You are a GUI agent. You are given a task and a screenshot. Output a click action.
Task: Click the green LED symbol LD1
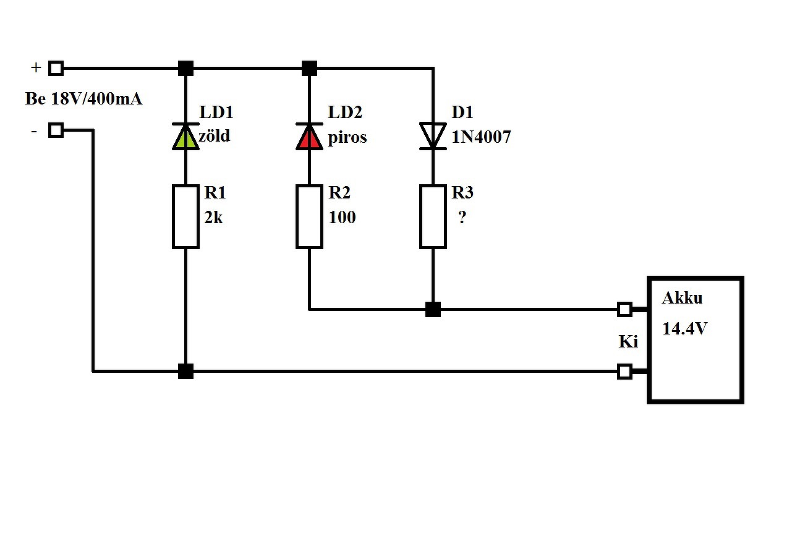[185, 137]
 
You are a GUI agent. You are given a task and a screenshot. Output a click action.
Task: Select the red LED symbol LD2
[309, 137]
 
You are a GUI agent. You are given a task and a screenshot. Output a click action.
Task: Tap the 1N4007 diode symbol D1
[433, 137]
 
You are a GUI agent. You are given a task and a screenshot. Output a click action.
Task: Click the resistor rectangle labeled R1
[185, 216]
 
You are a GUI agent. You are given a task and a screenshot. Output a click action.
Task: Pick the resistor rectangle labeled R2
[309, 216]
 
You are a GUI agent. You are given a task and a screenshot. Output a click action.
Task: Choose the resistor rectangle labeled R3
[433, 216]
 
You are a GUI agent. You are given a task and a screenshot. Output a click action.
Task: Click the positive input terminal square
[56, 68]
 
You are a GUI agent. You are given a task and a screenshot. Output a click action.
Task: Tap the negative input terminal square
[56, 130]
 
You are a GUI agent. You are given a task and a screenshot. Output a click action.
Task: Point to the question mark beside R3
[462, 217]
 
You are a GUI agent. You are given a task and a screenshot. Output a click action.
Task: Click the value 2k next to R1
[213, 218]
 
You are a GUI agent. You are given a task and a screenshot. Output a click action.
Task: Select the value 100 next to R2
[342, 218]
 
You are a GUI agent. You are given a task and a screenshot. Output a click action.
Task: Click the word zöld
[215, 136]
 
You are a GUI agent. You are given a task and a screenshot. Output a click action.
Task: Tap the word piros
[347, 137]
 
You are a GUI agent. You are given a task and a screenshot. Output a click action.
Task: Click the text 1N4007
[481, 137]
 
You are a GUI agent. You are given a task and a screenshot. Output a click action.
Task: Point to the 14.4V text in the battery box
[684, 328]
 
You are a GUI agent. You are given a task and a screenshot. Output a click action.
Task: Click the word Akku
[682, 298]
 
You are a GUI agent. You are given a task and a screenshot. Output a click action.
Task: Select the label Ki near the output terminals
[628, 341]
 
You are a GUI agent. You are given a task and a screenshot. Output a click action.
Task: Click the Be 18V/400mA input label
[84, 99]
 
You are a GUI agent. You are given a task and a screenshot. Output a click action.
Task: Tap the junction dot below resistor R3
[433, 309]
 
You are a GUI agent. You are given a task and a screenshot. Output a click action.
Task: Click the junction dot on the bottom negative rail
[185, 371]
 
